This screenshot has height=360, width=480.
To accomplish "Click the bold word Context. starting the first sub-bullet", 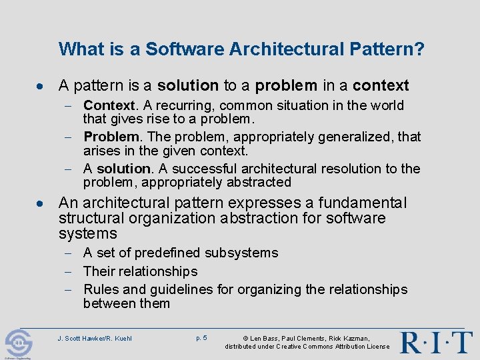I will (110, 105).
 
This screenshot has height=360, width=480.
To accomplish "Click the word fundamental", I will (371, 203).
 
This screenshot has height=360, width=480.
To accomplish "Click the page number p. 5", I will (201, 338).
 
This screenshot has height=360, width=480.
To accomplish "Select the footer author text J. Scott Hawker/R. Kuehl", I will (95, 338).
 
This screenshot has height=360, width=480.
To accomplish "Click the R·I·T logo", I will (435, 342).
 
